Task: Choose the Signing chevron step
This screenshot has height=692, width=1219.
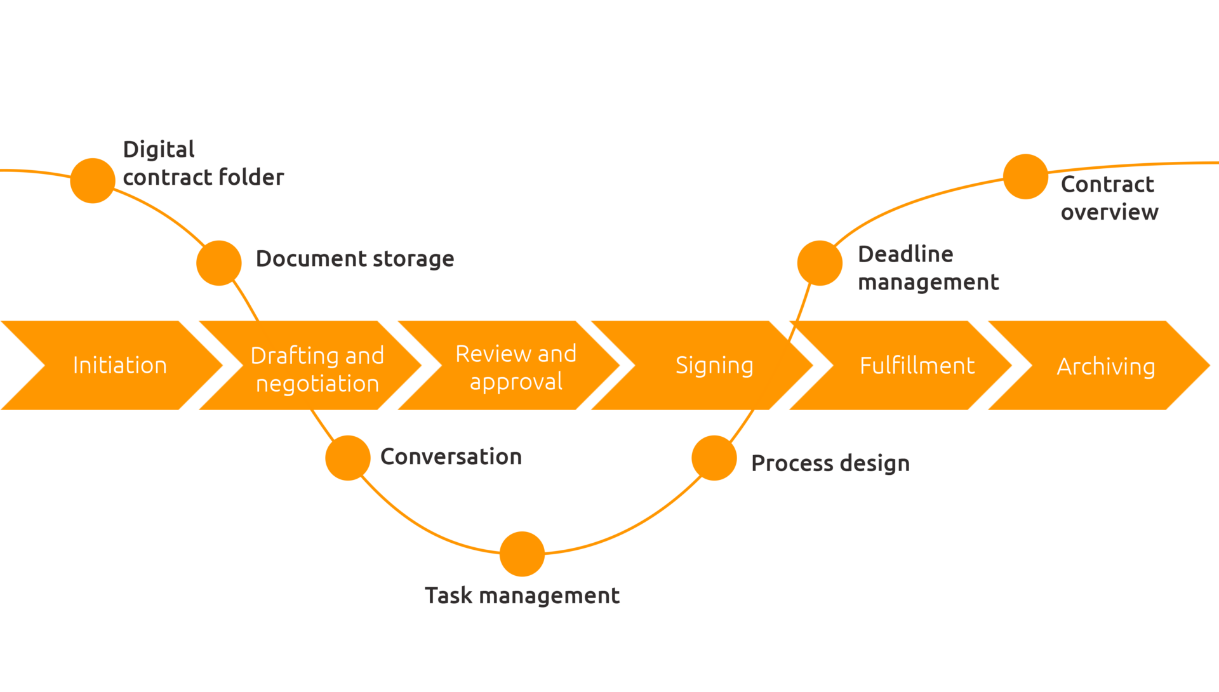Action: coord(714,366)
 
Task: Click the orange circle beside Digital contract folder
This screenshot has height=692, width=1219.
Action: coord(93,180)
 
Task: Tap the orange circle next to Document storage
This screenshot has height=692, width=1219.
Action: coord(219,263)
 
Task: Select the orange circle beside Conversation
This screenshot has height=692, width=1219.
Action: coord(348,458)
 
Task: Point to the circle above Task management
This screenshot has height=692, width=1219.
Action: coord(522,554)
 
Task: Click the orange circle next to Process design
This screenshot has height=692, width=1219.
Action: coord(714,458)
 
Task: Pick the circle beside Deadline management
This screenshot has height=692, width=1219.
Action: coord(820,263)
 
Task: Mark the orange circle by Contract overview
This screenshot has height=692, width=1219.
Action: coord(1025,176)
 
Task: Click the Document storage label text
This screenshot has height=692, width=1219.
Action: coord(355,259)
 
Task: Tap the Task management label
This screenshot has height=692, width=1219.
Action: coord(522,596)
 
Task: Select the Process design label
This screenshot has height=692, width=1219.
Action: coord(830,463)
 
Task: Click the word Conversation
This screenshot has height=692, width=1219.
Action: coord(451,456)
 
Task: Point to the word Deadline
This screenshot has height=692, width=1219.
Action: coord(905,254)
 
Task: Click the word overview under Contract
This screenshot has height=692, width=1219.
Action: coord(1109,212)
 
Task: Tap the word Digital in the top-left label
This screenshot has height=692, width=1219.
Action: coord(159,150)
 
